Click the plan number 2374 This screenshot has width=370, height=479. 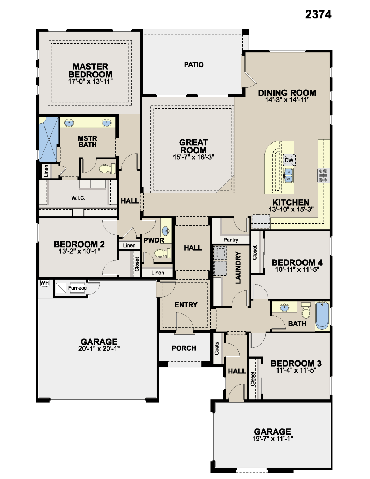[x=318, y=14]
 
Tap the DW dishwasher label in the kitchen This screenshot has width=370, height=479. [x=289, y=160]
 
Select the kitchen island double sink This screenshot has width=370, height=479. [x=288, y=175]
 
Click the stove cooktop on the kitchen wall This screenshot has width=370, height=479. [x=323, y=175]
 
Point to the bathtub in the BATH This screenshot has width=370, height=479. [x=322, y=316]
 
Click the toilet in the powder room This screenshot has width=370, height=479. [x=162, y=253]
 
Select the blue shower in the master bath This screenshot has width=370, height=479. [x=48, y=139]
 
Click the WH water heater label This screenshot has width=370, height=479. [x=44, y=283]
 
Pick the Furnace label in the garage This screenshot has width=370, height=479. [x=77, y=288]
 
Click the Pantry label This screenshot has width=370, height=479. [x=231, y=240]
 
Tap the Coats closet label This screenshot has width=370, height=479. [x=217, y=348]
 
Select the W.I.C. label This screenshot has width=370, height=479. [x=78, y=198]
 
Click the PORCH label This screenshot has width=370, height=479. [x=184, y=348]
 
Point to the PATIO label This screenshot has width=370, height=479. [x=194, y=65]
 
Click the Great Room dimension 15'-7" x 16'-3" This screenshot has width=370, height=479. [x=193, y=157]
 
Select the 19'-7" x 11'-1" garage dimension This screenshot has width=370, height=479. [x=272, y=439]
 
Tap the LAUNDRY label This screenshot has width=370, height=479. [x=238, y=268]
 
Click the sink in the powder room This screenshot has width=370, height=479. [x=165, y=230]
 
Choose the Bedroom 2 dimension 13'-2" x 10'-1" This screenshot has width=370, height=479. [x=79, y=251]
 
